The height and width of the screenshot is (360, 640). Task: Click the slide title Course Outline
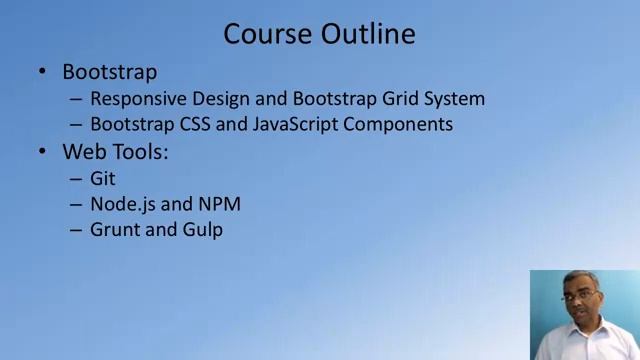(x=319, y=34)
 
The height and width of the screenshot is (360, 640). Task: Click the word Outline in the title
(x=367, y=34)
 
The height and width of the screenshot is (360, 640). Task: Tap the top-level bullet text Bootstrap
(x=109, y=72)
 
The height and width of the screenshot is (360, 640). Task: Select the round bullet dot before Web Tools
(x=42, y=152)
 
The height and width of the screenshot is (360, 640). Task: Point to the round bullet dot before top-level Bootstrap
(x=42, y=72)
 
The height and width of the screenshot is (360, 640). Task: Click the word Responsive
(x=135, y=99)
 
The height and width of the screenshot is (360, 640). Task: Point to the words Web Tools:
(x=116, y=152)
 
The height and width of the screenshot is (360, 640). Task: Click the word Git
(x=103, y=178)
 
